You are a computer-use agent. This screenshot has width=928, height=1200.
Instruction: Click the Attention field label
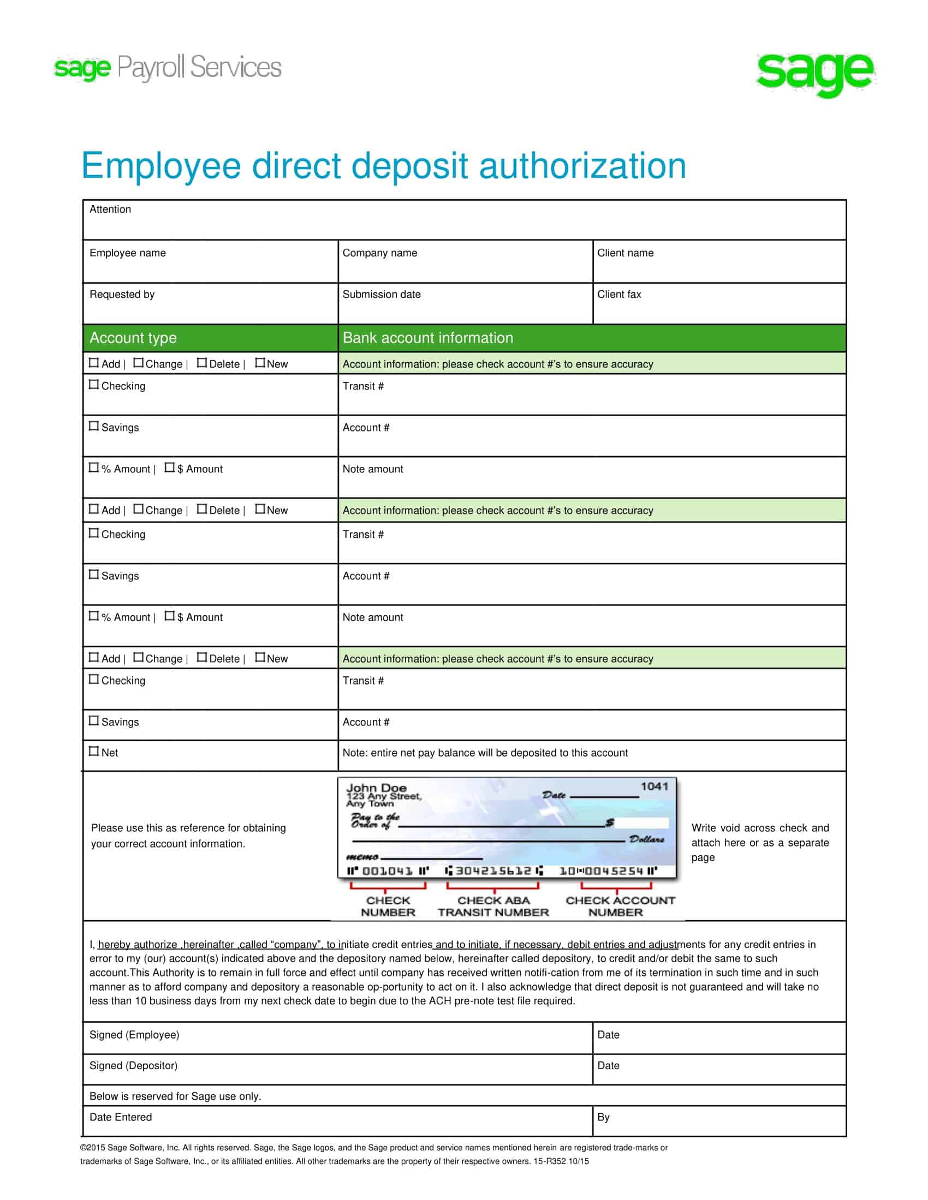[x=110, y=209]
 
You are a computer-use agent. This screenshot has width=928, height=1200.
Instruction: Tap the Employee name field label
[x=128, y=253]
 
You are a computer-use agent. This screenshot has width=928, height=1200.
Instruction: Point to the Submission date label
[x=382, y=295]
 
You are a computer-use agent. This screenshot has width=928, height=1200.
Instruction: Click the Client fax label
[x=619, y=295]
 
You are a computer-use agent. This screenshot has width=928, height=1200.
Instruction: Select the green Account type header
[x=133, y=338]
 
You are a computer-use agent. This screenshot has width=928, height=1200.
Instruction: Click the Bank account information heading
[x=428, y=338]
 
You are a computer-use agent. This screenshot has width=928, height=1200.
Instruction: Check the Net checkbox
[x=94, y=751]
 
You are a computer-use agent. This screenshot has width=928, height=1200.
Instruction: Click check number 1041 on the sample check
[x=653, y=786]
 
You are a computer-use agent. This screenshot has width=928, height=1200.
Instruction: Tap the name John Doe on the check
[x=376, y=787]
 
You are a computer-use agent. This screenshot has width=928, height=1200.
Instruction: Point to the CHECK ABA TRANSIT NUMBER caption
[x=493, y=907]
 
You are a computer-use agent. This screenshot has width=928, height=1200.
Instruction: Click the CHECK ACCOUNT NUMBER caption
[x=620, y=907]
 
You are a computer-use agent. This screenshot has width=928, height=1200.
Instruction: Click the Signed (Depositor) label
[x=134, y=1066]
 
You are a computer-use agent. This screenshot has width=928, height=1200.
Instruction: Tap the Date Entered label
[x=121, y=1117]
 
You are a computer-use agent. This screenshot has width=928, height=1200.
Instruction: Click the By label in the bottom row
[x=603, y=1117]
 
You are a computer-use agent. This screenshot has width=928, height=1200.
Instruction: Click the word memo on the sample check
[x=362, y=857]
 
